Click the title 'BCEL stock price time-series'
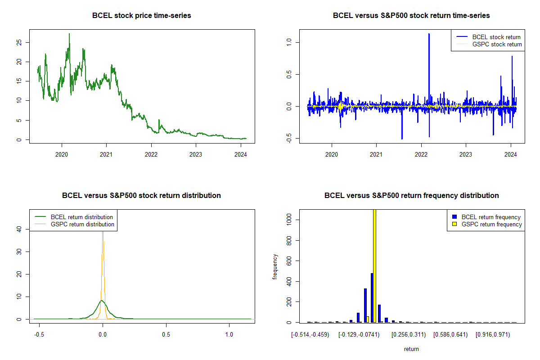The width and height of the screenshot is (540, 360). click(x=141, y=16)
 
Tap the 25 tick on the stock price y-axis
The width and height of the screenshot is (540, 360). click(x=19, y=42)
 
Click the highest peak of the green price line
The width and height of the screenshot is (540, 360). click(x=69, y=34)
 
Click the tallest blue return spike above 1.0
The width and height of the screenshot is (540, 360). click(x=429, y=34)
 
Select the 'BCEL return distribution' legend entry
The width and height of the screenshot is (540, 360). click(x=81, y=217)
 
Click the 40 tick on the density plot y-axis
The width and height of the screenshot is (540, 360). click(x=19, y=229)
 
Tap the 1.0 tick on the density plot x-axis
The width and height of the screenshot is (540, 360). click(x=229, y=335)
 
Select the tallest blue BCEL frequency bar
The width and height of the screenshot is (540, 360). click(x=372, y=297)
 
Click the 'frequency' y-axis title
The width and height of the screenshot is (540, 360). click(x=275, y=266)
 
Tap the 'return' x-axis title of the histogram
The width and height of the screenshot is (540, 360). click(x=411, y=349)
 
